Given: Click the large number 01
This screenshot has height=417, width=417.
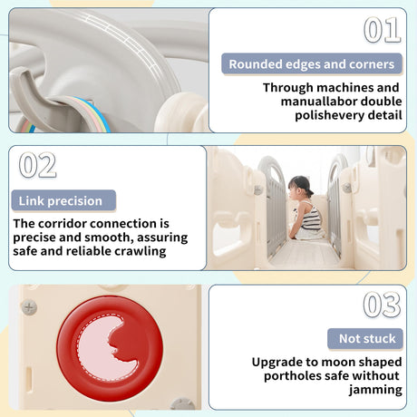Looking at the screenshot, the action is (383, 30).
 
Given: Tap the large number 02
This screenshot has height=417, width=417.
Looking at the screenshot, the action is (37, 165).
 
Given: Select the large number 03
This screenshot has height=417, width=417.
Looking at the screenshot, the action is (383, 305).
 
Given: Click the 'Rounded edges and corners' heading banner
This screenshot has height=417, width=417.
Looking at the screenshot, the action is (312, 64).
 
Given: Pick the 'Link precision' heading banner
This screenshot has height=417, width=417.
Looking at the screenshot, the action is (63, 200).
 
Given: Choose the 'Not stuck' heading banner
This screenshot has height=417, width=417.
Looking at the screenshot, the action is (365, 338).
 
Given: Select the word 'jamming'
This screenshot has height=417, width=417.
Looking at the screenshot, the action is (375, 390).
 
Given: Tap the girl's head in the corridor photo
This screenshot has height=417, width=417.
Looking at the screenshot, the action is (298, 187).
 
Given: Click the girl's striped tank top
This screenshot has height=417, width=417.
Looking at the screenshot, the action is (312, 217).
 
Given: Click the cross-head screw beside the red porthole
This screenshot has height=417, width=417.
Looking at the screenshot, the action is (29, 307).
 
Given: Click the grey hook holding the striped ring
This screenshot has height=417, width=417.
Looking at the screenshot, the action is (34, 97).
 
